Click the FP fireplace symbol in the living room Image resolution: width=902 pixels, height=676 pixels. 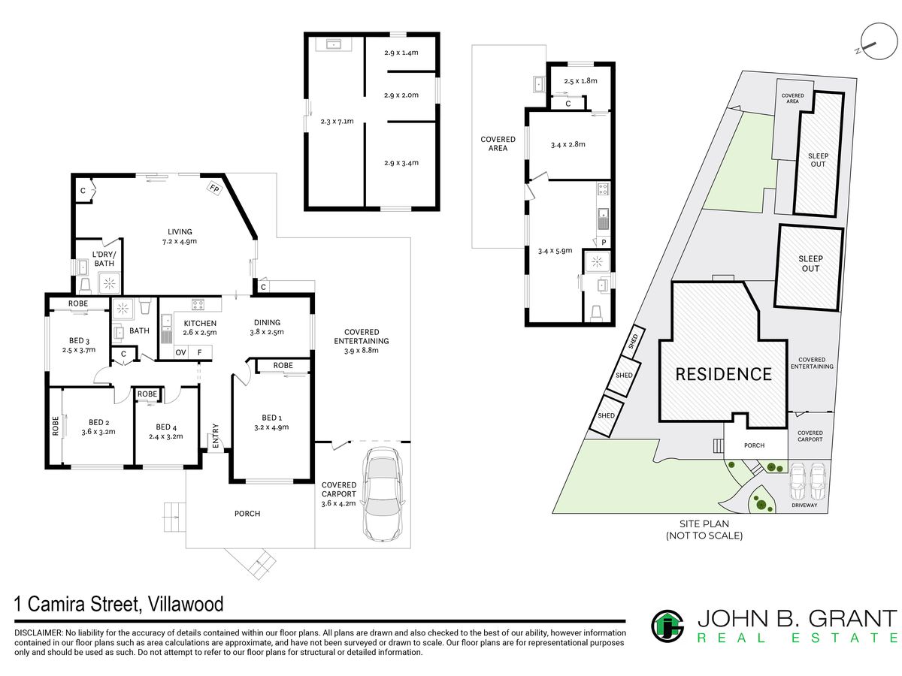pyautogui.click(x=214, y=189)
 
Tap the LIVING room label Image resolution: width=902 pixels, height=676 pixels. pyautogui.click(x=180, y=232)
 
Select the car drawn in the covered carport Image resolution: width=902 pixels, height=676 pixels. pyautogui.click(x=383, y=494)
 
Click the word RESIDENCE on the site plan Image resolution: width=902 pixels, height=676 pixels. pyautogui.click(x=723, y=374)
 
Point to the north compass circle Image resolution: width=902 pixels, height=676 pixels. pyautogui.click(x=879, y=41)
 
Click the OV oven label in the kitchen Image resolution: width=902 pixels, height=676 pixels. pyautogui.click(x=181, y=352)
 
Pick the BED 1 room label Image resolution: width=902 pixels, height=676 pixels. pyautogui.click(x=271, y=418)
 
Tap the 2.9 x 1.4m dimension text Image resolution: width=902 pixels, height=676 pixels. pyautogui.click(x=401, y=53)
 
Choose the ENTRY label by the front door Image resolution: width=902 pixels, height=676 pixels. pyautogui.click(x=215, y=436)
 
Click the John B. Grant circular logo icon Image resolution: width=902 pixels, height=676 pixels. pyautogui.click(x=667, y=626)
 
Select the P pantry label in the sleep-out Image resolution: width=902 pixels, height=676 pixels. pyautogui.click(x=604, y=243)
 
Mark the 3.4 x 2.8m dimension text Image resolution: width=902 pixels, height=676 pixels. pyautogui.click(x=568, y=144)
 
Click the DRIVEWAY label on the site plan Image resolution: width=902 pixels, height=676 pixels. pyautogui.click(x=804, y=505)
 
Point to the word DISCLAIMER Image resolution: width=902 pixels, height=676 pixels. pyautogui.click(x=38, y=633)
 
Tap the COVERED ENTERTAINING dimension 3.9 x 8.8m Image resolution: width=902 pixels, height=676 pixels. pyautogui.click(x=362, y=351)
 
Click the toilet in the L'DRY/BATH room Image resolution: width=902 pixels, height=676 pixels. pyautogui.click(x=86, y=285)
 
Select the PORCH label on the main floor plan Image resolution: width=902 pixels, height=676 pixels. pyautogui.click(x=247, y=514)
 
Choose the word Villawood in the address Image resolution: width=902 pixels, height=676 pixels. pyautogui.click(x=186, y=604)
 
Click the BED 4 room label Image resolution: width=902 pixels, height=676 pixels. pyautogui.click(x=166, y=427)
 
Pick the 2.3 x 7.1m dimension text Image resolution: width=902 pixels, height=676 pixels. pyautogui.click(x=337, y=122)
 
